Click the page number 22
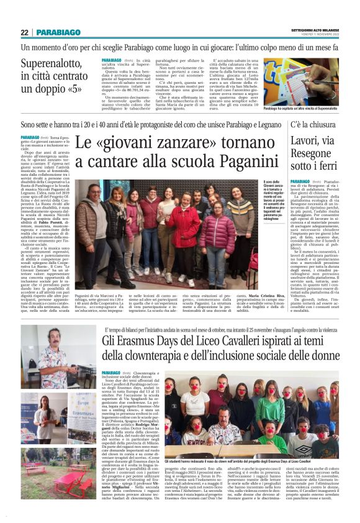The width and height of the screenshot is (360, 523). click(25, 32)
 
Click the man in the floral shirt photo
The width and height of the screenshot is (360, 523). click(59, 357)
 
